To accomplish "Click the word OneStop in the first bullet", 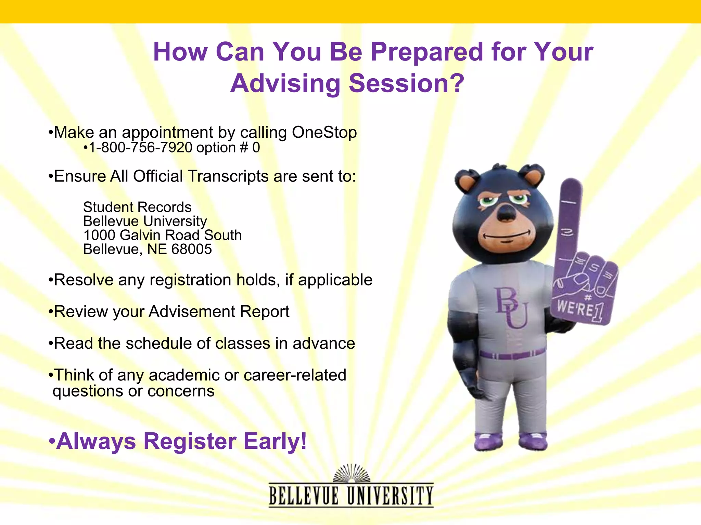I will [324, 132].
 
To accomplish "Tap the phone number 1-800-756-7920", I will [140, 148].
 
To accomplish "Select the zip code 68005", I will [191, 249].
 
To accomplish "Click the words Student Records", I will [137, 207].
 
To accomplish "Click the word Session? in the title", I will [406, 83].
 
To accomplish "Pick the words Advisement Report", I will [219, 311].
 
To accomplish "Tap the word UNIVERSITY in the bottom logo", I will [390, 496].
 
